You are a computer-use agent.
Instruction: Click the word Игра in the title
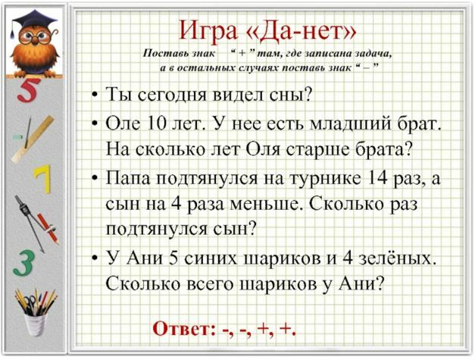(x=208, y=31)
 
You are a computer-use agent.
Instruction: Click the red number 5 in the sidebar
(x=29, y=90)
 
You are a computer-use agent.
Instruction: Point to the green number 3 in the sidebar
(x=23, y=263)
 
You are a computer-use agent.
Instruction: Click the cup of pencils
(x=36, y=312)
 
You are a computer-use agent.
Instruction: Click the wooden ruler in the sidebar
(x=33, y=139)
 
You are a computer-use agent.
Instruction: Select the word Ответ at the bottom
(x=183, y=328)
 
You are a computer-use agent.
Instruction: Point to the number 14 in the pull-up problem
(x=377, y=178)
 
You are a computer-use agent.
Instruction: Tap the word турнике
(x=326, y=179)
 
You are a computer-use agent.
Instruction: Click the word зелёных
(x=397, y=259)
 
